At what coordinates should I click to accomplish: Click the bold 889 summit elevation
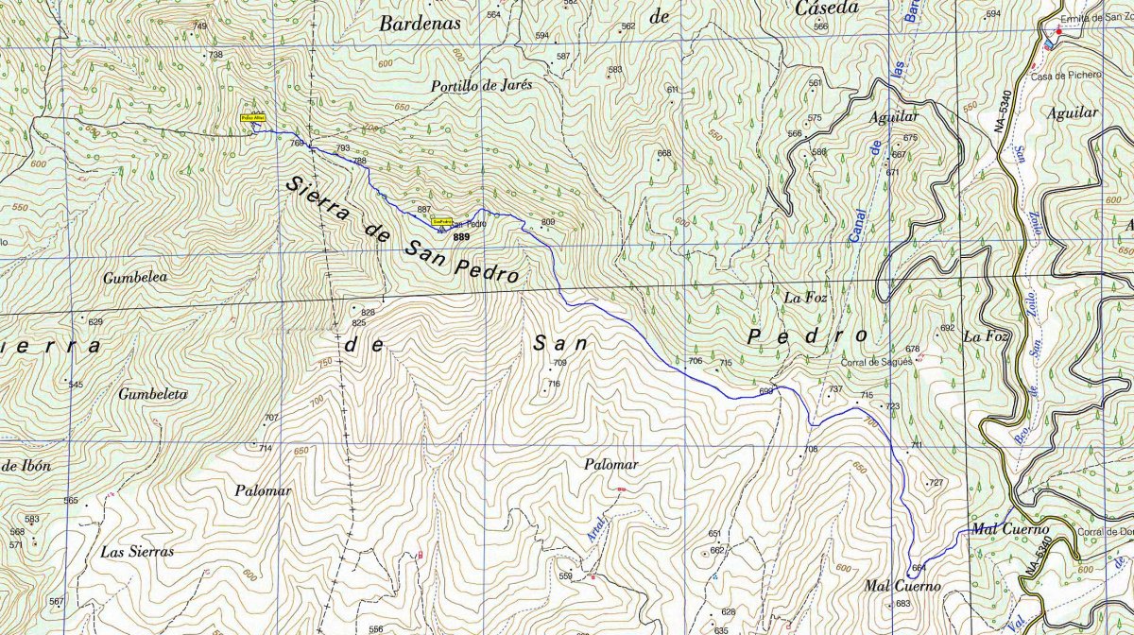461,236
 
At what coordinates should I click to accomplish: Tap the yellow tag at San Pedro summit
441,221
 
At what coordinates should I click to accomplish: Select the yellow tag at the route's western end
253,118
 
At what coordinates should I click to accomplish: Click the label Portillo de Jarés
481,84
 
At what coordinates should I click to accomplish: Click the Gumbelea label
136,278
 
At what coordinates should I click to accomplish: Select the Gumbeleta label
153,394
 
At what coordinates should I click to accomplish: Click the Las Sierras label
138,551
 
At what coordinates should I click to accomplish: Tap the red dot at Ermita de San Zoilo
1058,32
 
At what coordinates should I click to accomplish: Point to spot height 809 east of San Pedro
548,223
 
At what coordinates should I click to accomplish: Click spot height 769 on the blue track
298,144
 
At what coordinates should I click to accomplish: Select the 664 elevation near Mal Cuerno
919,568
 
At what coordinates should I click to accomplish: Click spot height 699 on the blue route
765,390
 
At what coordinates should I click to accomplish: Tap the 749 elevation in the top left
199,26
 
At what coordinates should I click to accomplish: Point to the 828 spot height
368,312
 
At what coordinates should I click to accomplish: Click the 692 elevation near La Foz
947,328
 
